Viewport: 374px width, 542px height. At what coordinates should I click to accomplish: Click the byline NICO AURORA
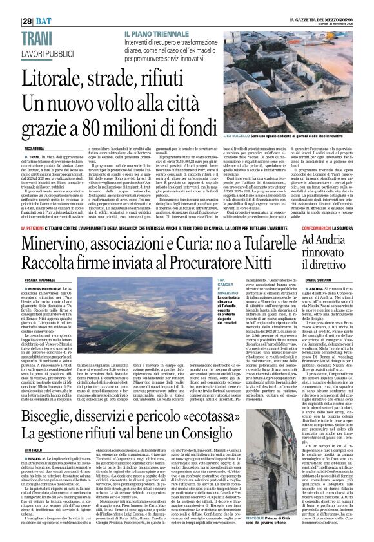pos(34,149)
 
